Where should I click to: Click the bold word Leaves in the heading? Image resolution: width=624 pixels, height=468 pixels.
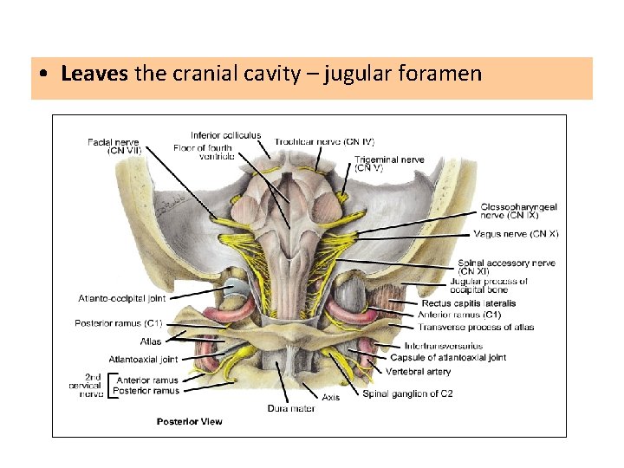pos(94,74)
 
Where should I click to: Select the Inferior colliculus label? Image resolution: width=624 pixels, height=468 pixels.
pos(225,135)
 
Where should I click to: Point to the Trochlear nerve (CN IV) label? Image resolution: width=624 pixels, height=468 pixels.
pos(324,141)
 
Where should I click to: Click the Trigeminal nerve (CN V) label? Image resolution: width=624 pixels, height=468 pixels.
pos(389,163)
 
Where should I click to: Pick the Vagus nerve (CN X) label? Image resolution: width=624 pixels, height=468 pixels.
pos(516,234)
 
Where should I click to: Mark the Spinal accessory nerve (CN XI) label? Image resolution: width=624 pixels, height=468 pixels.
pos(507,267)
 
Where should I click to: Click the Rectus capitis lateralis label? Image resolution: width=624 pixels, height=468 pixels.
pos(469,303)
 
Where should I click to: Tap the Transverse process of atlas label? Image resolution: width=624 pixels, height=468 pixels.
pos(476,328)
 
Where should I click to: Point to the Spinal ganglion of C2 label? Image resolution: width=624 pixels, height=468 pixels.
pos(407,393)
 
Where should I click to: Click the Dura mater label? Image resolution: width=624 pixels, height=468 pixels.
pos(290,408)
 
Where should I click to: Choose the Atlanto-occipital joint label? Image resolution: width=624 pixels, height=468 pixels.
pos(121,298)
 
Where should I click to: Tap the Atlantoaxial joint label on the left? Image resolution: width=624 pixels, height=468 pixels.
pos(143,359)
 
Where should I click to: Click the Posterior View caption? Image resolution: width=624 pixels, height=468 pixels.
pos(189,421)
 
